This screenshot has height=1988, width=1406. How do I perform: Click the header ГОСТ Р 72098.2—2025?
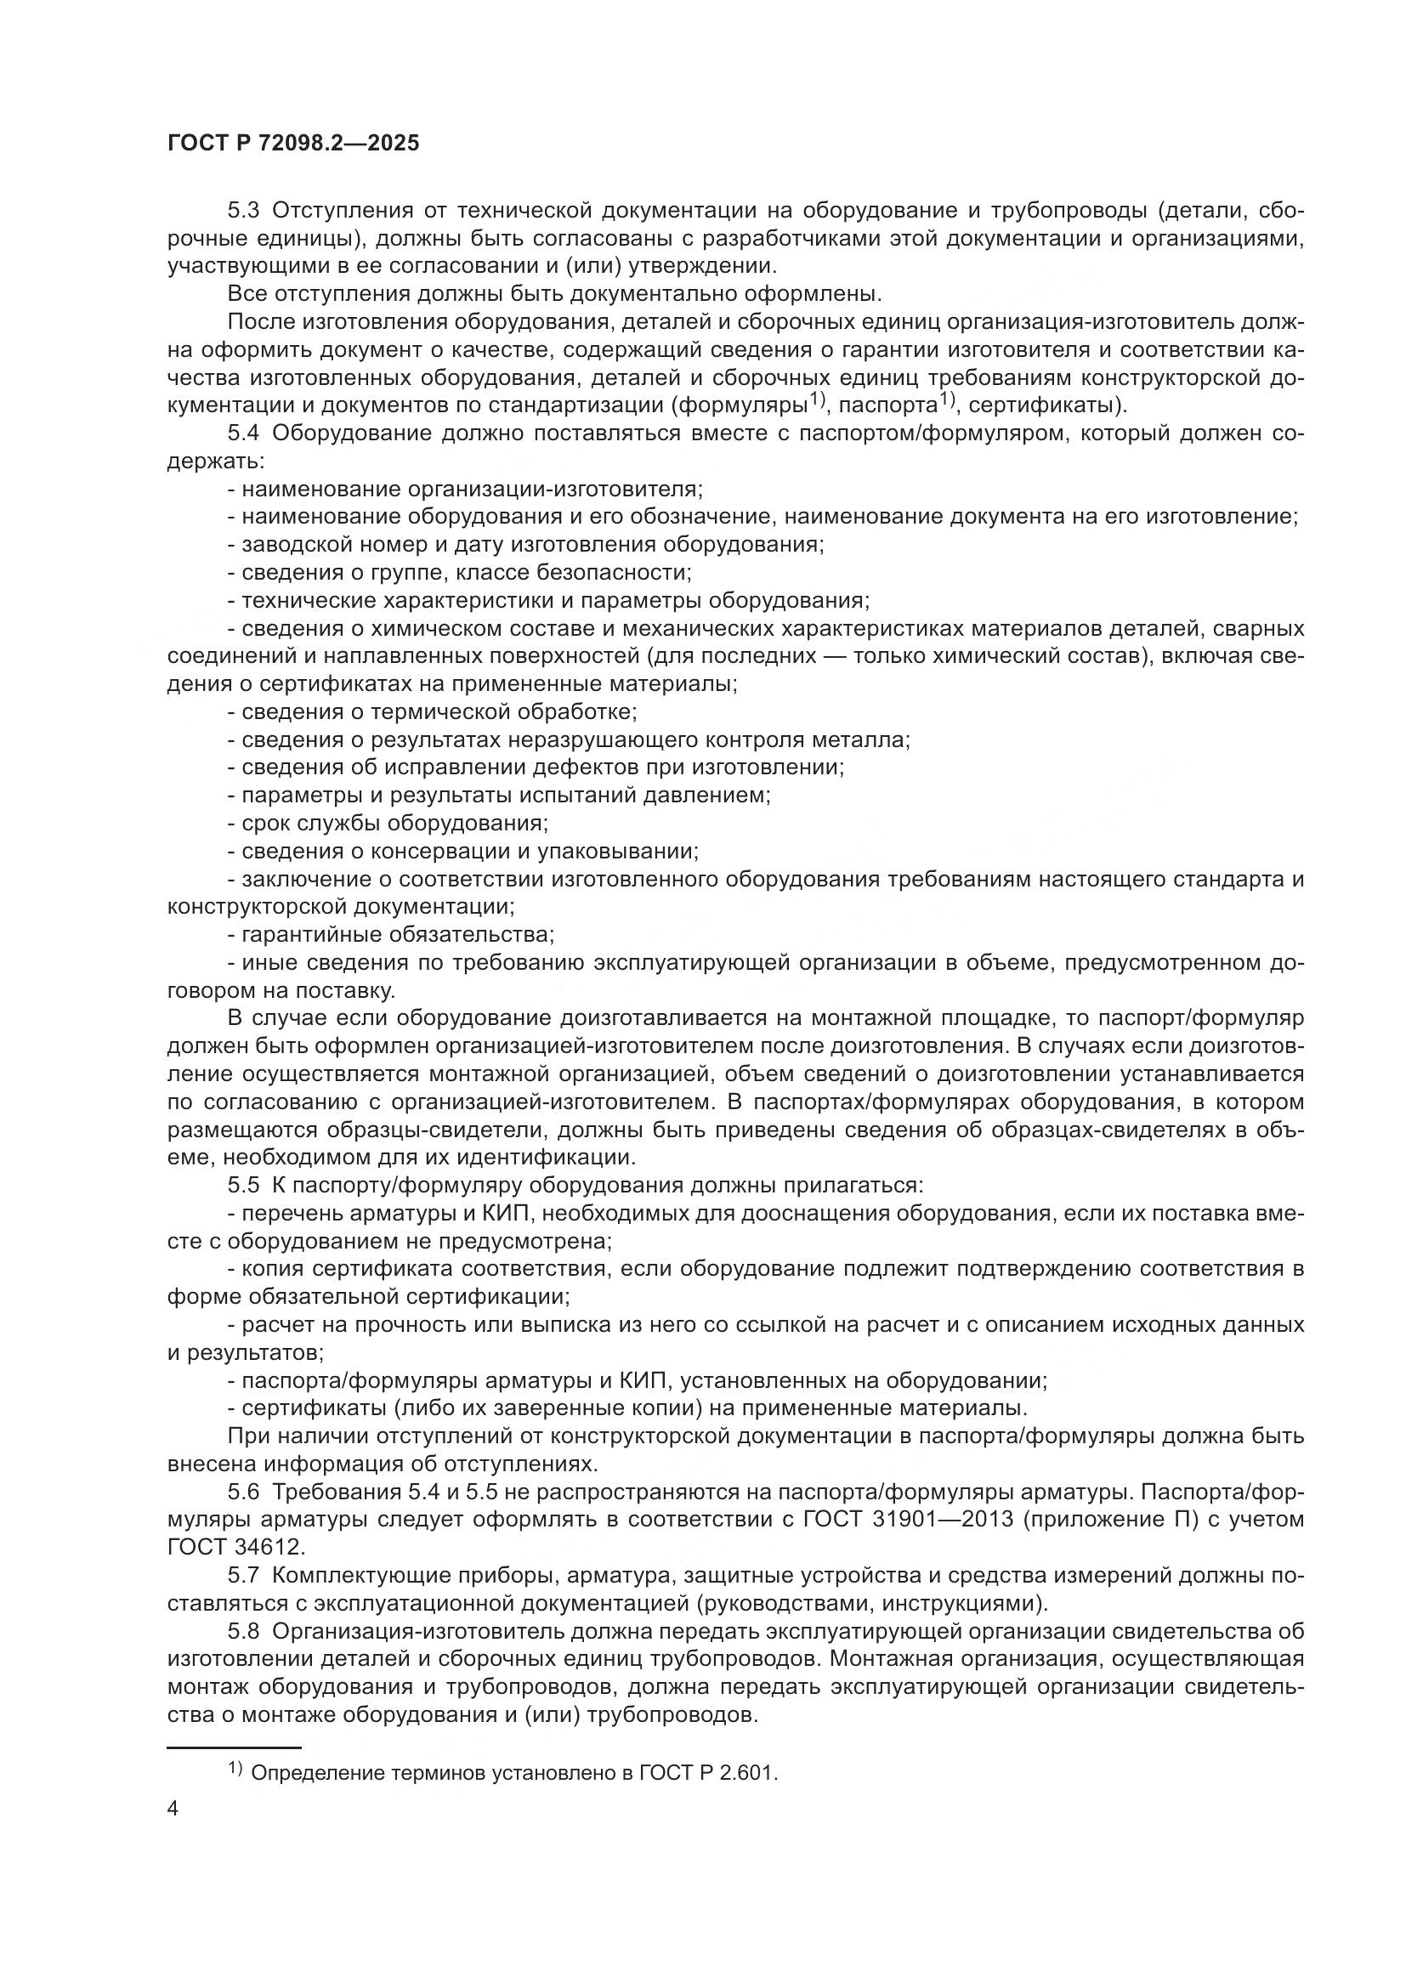tap(293, 143)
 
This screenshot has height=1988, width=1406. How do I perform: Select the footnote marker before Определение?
tap(235, 1769)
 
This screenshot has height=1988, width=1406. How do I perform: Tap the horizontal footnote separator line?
tap(234, 1748)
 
